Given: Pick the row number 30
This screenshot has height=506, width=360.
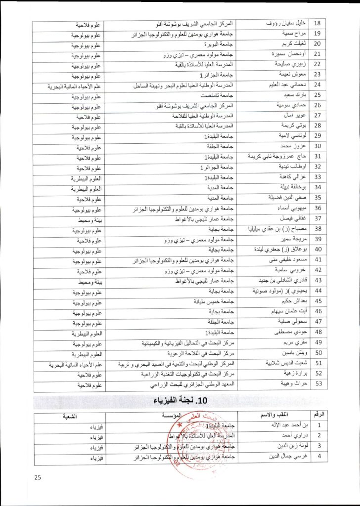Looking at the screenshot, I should [318, 147].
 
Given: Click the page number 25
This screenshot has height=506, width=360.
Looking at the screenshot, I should [38, 477].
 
